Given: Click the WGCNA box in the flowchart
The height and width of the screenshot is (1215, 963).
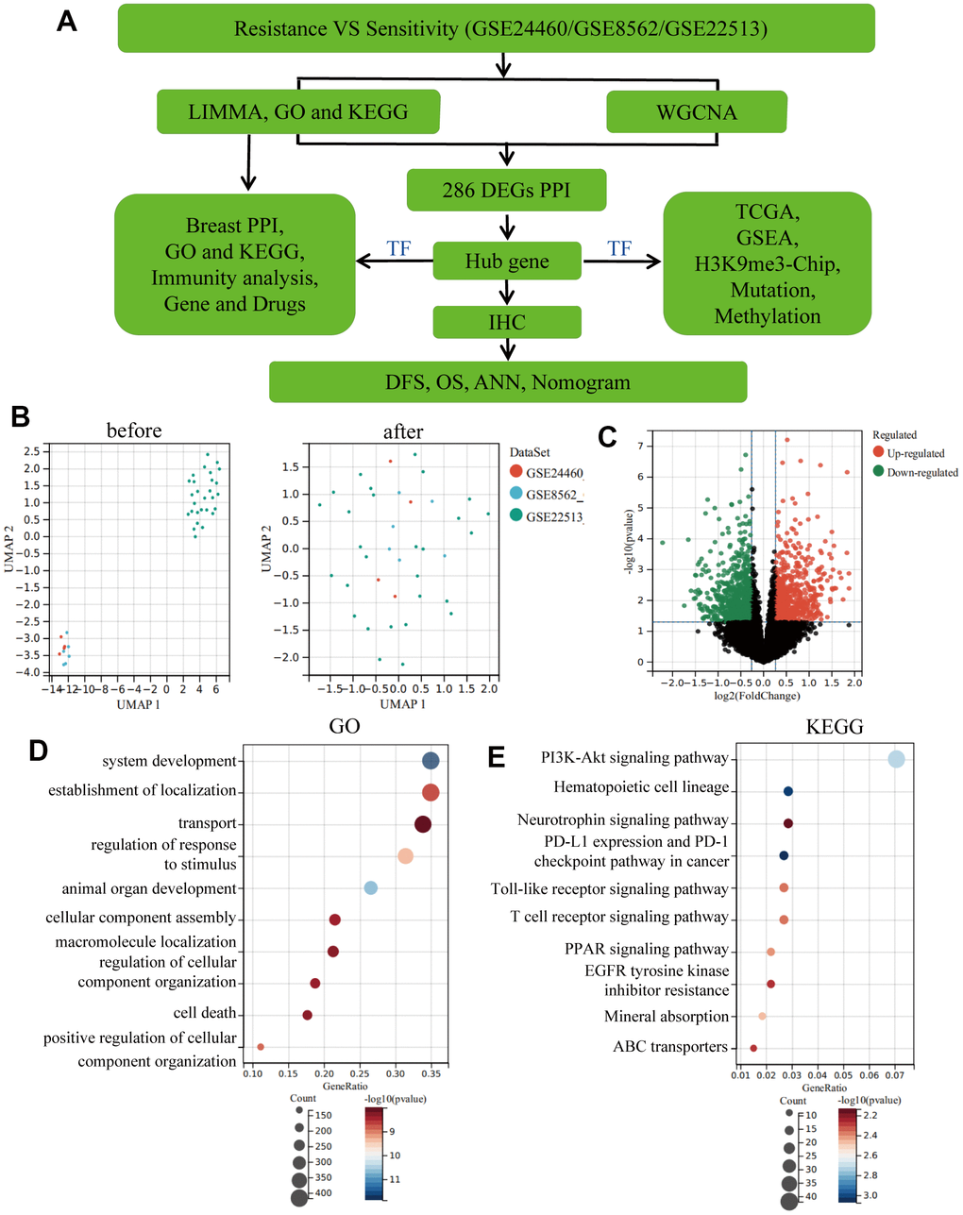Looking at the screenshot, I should [x=697, y=112].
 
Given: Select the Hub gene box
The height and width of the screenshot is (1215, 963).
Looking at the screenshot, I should [x=507, y=262].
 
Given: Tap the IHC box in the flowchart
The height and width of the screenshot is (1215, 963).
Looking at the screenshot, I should [x=507, y=322].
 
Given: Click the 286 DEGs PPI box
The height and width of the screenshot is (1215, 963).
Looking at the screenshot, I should [x=506, y=190].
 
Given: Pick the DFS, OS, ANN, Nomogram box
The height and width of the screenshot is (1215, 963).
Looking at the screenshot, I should [x=508, y=382].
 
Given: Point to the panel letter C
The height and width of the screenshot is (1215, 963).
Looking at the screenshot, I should [x=608, y=437].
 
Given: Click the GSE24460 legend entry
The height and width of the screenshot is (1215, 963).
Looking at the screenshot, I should [x=548, y=472].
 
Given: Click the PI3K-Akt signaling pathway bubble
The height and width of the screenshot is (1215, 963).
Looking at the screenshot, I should [x=896, y=759].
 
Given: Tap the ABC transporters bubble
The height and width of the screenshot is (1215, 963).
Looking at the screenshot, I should [x=753, y=1048].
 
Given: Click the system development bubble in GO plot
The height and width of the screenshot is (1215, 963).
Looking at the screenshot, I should [x=431, y=761].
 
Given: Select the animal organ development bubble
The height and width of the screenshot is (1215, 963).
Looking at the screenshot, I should [x=371, y=887].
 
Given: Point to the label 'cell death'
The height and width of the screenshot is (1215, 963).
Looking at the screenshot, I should [x=205, y=1013].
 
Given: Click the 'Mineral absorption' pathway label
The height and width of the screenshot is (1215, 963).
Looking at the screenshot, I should [x=667, y=1017].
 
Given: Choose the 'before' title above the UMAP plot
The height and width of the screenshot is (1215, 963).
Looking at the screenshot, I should [x=134, y=430].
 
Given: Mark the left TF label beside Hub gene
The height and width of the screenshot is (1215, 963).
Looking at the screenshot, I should [x=398, y=248].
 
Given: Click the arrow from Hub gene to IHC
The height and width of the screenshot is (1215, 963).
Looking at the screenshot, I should [x=508, y=294].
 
